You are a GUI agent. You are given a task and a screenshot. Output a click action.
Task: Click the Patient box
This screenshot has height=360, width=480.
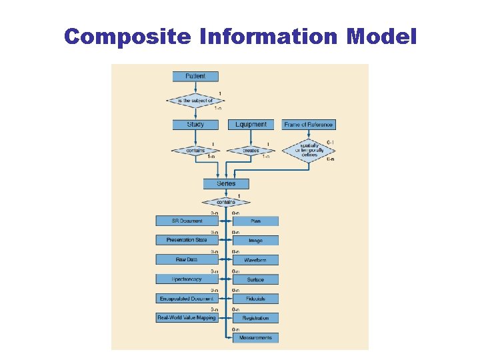click(195, 77)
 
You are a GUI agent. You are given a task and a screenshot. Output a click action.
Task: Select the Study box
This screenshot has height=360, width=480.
click(195, 125)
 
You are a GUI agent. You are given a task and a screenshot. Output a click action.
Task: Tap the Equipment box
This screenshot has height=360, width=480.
click(251, 125)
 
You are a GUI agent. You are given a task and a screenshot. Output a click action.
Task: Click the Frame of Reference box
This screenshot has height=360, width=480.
click(309, 125)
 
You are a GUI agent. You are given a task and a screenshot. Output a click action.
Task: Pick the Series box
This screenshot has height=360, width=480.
click(226, 183)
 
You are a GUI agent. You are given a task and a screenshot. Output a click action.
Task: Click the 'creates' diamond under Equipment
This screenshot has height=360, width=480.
click(251, 151)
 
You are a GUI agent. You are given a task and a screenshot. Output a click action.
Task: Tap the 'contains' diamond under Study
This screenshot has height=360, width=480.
click(195, 151)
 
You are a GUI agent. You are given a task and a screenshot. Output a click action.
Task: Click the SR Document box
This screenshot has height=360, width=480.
click(182, 221)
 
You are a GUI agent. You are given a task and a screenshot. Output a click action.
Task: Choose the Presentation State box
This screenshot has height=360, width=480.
click(182, 240)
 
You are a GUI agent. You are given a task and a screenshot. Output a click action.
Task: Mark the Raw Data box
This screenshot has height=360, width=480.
click(182, 259)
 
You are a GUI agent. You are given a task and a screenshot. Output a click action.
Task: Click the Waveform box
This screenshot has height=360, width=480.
click(255, 260)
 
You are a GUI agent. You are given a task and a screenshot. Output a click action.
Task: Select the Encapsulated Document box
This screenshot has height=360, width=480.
click(182, 299)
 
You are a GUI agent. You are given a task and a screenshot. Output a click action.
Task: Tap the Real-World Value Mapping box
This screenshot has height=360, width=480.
click(187, 318)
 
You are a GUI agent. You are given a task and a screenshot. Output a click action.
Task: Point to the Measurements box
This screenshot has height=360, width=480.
click(255, 338)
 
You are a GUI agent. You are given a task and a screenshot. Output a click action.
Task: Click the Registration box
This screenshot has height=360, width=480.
click(255, 319)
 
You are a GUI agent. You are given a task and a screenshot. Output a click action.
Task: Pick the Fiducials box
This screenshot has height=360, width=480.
click(255, 299)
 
